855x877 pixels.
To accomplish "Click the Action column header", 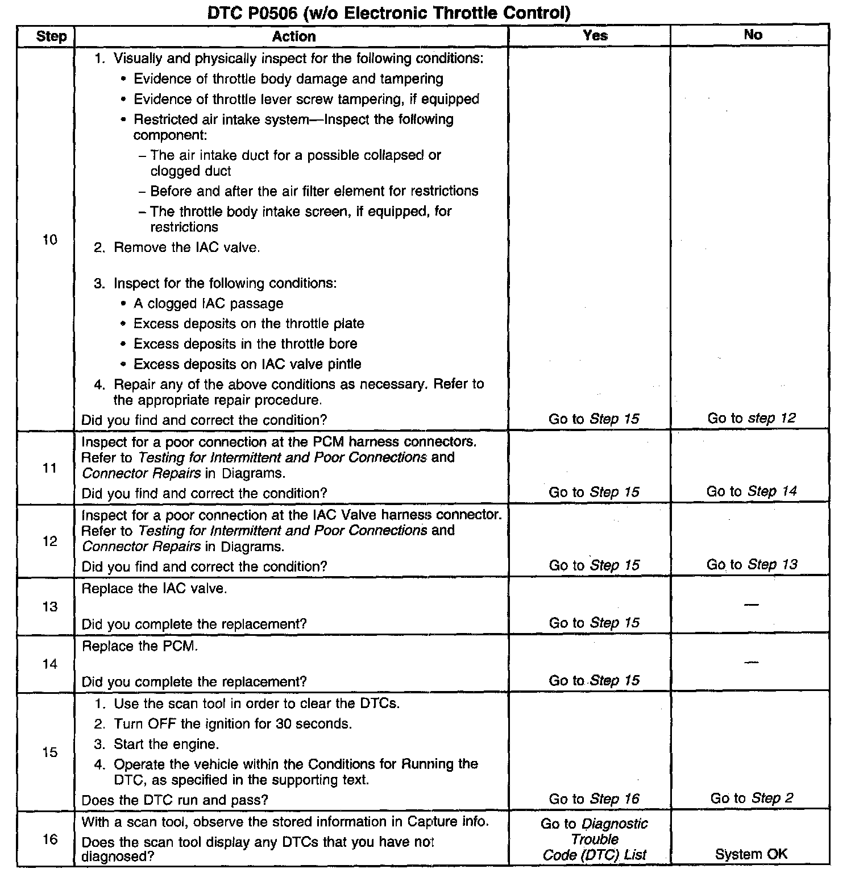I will [293, 36].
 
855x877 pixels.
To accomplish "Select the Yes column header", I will [595, 35].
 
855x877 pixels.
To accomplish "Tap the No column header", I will [753, 35].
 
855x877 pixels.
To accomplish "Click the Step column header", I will [51, 36].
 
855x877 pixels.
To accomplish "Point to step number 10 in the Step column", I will [50, 239].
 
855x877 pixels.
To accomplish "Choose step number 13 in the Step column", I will [50, 606].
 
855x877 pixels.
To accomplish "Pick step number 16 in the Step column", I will [50, 839].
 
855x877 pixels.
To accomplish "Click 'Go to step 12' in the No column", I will [751, 418].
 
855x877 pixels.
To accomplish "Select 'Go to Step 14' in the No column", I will [751, 491].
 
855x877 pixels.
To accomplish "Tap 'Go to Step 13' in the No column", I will [752, 564].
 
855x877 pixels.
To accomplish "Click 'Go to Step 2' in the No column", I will [752, 798].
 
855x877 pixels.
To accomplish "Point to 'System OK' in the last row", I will [751, 854].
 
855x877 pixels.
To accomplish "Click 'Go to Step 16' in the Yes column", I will [594, 799].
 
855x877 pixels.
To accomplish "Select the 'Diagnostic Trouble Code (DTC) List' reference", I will [594, 839].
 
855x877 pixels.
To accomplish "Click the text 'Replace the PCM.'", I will [140, 646].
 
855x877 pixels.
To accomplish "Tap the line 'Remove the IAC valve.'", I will [186, 247].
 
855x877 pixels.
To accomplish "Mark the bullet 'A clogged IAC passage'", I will [208, 303].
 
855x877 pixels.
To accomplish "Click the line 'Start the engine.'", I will [166, 744].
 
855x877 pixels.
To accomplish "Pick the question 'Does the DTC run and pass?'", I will [175, 800].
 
